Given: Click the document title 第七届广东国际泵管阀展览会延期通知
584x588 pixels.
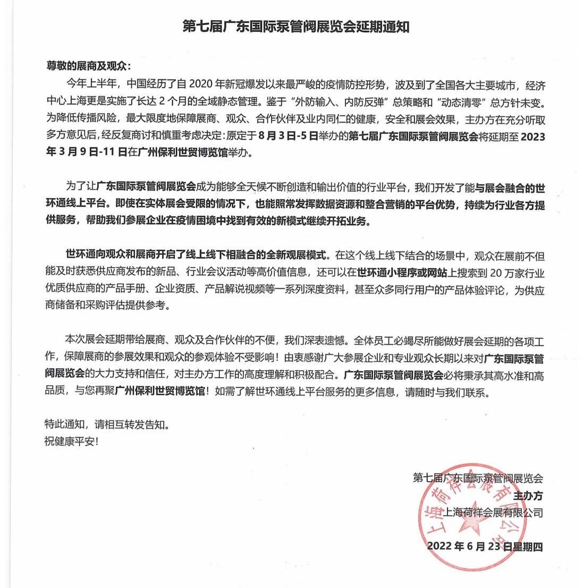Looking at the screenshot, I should [295, 27].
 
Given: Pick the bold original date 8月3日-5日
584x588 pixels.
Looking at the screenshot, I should [287, 137].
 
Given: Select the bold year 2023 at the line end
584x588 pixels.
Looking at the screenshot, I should [532, 137].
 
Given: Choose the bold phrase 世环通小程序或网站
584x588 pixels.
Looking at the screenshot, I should [395, 272].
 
